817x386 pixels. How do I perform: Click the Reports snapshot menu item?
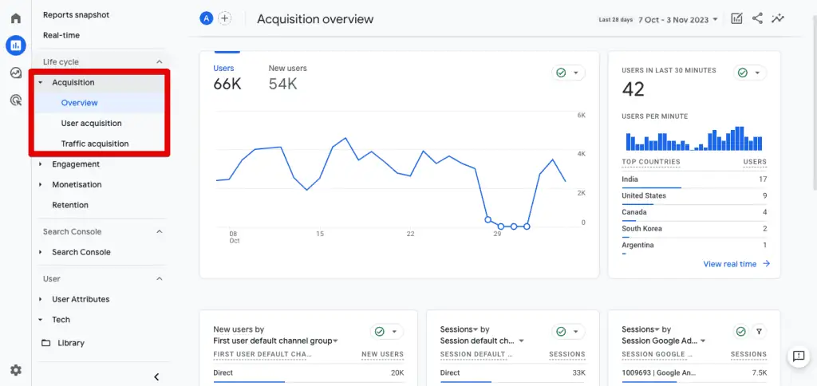(x=76, y=15)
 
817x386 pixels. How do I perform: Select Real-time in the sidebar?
(x=61, y=35)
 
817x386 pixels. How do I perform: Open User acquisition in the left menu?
(x=91, y=124)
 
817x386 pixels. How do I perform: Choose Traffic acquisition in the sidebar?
(x=94, y=144)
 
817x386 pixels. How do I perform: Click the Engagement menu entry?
(x=76, y=164)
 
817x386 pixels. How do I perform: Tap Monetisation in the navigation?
(x=77, y=185)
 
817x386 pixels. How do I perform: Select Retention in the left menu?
(x=70, y=205)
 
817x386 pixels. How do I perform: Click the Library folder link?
(x=70, y=343)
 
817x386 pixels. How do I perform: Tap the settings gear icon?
(x=15, y=370)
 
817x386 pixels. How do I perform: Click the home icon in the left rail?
(x=15, y=18)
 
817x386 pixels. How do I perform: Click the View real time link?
(x=730, y=264)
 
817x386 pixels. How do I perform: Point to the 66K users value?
(x=227, y=85)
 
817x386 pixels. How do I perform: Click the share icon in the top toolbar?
(x=757, y=18)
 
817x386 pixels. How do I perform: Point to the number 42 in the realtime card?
(x=633, y=89)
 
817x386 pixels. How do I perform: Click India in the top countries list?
(x=630, y=179)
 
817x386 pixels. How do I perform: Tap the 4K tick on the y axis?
(x=582, y=154)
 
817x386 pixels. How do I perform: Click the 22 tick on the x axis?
(x=410, y=234)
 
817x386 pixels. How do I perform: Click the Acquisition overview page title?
(x=314, y=19)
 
